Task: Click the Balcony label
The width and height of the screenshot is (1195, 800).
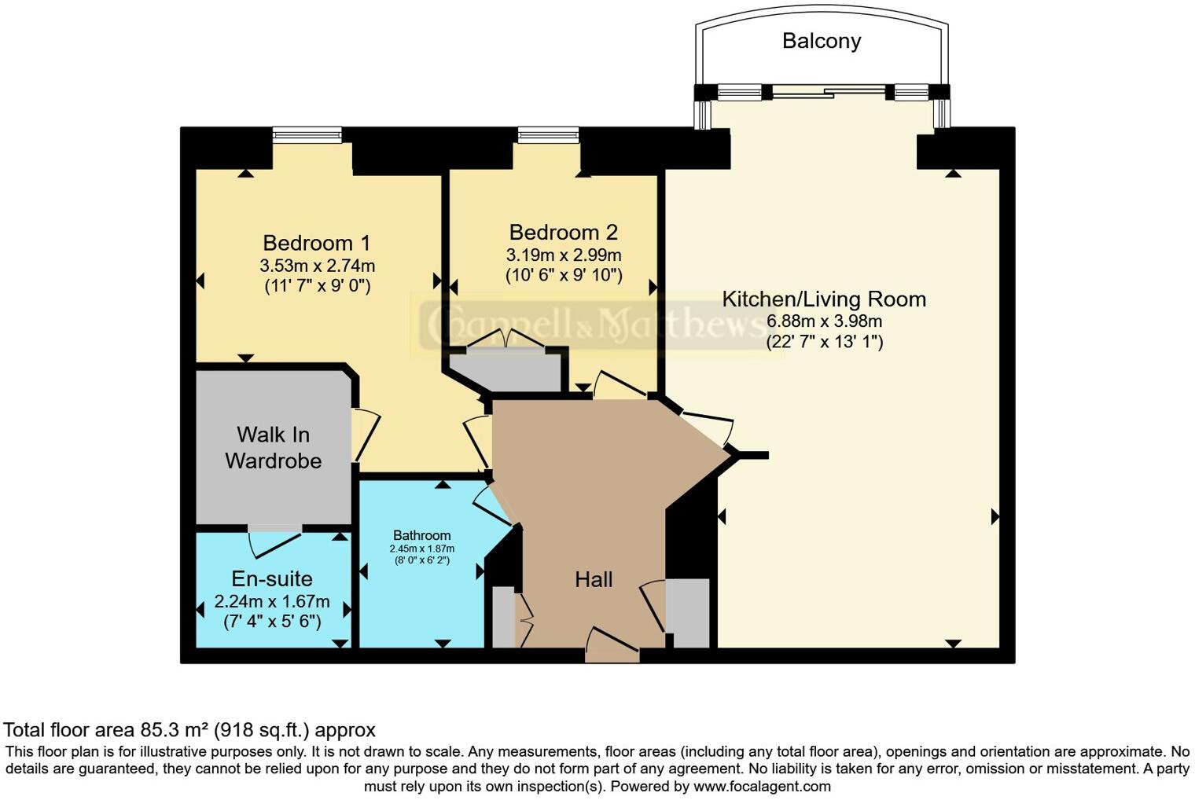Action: coord(822,41)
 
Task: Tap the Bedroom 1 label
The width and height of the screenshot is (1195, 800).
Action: coord(316,243)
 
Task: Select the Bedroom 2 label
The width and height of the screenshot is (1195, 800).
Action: coord(564,233)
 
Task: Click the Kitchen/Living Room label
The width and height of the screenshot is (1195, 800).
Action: coord(824,299)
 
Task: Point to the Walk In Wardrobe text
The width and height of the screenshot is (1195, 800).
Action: coord(273,448)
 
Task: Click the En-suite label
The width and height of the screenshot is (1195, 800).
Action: coord(272,578)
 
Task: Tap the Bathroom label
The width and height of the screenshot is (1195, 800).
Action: coord(422,535)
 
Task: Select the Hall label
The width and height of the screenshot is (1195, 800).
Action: coord(594,580)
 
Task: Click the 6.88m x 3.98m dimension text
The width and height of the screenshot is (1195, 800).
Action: coord(824,321)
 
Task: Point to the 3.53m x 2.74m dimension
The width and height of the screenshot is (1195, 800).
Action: coord(318,265)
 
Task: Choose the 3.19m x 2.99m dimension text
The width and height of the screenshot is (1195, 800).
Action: coord(564,255)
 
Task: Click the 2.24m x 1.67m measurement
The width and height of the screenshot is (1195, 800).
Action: coord(272,602)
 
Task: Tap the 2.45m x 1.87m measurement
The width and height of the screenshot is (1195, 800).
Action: coord(422,549)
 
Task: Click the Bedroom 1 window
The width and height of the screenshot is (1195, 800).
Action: coord(307,135)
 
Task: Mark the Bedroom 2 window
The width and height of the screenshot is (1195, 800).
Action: coord(548,135)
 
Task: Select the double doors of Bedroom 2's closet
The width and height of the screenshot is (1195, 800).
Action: coord(506,339)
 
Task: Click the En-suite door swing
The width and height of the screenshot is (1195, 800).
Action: coord(274,545)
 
